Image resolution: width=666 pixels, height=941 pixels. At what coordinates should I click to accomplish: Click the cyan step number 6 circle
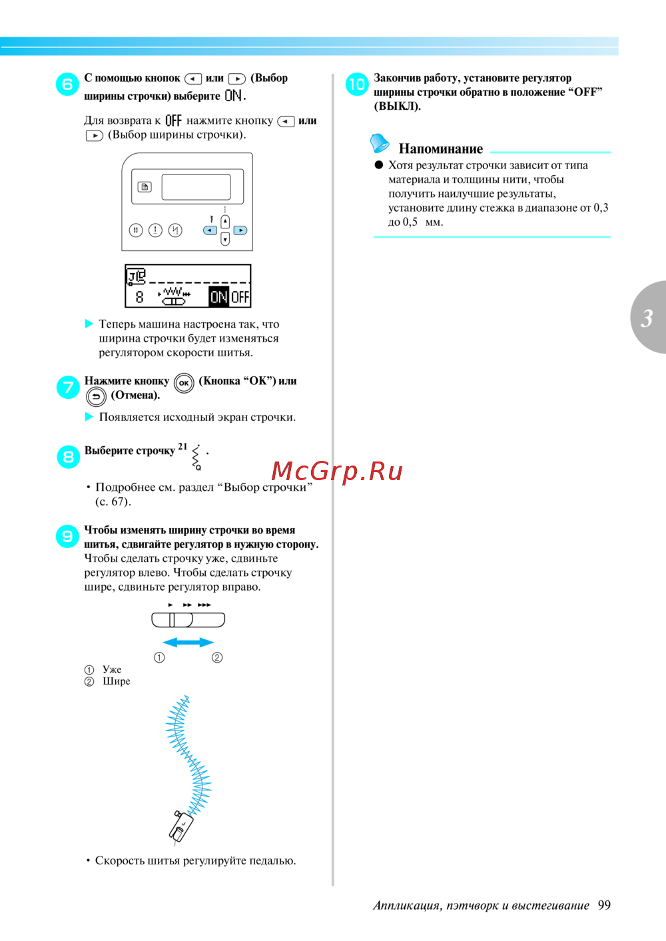tap(68, 84)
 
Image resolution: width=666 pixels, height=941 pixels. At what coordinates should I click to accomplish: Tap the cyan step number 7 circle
tap(68, 387)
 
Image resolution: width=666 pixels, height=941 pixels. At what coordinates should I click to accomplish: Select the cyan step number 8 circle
tap(68, 457)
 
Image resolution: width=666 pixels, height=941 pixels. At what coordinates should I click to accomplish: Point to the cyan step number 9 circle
tap(67, 536)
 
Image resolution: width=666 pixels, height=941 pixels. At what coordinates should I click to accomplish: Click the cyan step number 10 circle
tap(357, 84)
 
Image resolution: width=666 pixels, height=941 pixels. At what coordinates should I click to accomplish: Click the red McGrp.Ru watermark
tap(337, 471)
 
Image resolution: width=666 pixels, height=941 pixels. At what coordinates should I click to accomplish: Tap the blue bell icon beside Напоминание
tap(380, 143)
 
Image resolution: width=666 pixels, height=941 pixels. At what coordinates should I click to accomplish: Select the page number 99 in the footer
tap(604, 905)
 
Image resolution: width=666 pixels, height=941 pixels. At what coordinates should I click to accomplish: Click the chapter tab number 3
tap(647, 318)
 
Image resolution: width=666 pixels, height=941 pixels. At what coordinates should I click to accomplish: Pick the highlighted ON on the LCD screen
tap(219, 296)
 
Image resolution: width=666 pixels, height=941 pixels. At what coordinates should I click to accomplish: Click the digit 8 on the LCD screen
tap(139, 297)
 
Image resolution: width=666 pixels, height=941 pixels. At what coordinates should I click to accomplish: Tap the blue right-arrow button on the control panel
tap(240, 230)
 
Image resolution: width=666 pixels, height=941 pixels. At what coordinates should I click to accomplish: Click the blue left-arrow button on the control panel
tap(210, 230)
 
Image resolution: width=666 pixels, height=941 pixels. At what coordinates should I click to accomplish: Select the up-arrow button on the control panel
tap(225, 221)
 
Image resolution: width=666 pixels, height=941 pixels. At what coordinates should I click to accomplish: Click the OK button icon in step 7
tap(184, 383)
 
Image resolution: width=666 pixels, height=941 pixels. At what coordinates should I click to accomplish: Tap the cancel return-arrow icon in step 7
tap(96, 396)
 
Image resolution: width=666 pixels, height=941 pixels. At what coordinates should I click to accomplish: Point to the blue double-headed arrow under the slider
tap(188, 642)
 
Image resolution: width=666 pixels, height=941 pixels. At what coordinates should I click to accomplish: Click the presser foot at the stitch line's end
tap(180, 826)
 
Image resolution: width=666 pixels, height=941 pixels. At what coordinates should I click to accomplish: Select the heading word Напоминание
tap(441, 149)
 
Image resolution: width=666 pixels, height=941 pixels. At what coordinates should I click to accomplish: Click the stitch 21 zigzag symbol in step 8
tap(196, 458)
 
